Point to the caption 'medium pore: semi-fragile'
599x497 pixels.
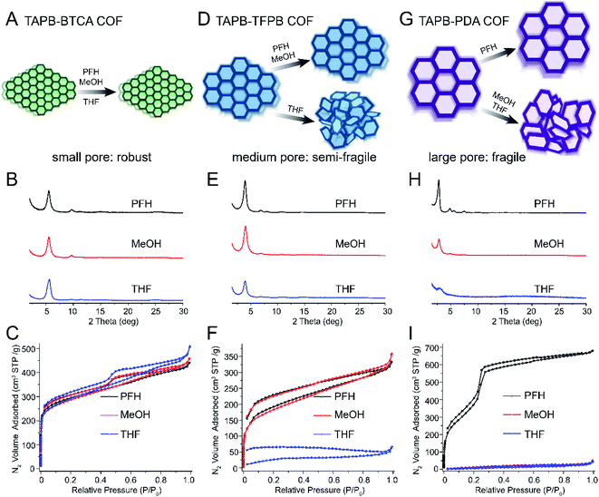pos(302,156)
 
